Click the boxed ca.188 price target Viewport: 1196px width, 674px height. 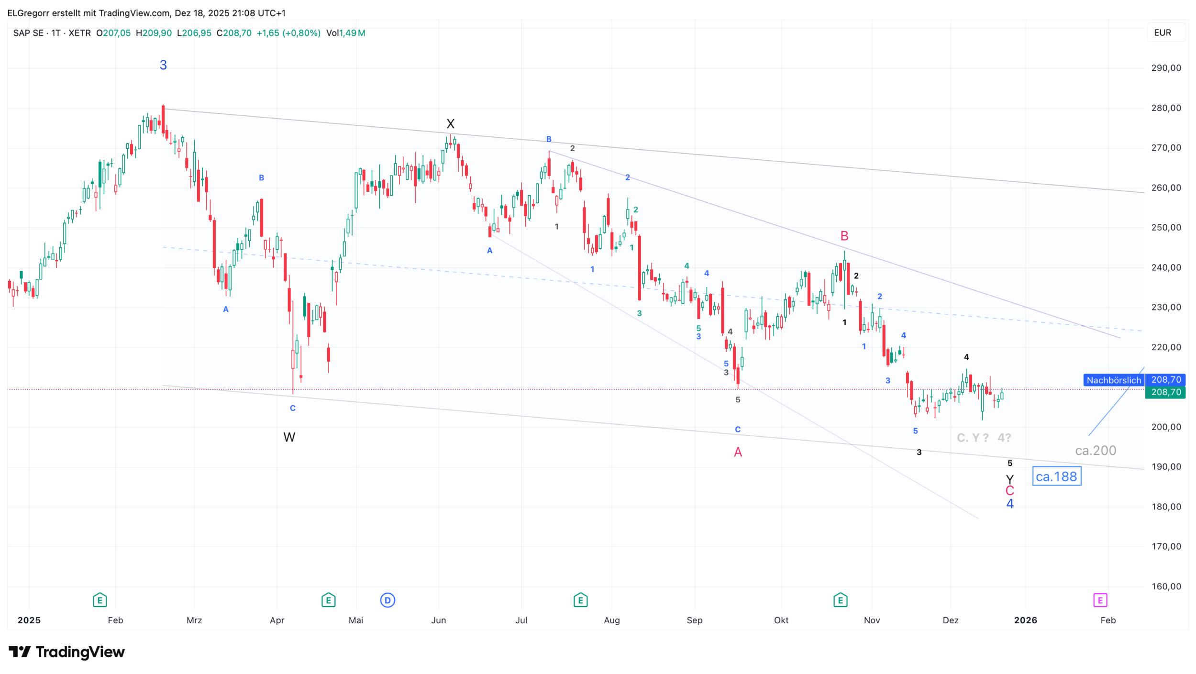tap(1056, 476)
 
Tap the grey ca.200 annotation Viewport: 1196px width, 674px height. tap(1095, 451)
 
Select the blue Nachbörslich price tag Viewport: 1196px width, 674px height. tap(1113, 380)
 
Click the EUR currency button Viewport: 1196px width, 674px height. tap(1163, 33)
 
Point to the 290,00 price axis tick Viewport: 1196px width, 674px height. tap(1166, 68)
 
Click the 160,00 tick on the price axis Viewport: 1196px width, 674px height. tap(1166, 586)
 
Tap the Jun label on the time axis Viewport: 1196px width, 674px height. tap(438, 620)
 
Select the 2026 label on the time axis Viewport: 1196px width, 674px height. tap(1026, 620)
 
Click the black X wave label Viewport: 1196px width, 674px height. tap(450, 124)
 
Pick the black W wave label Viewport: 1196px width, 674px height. tap(289, 437)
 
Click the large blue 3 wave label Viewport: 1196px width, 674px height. tap(163, 65)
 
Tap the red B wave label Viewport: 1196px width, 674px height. tap(844, 236)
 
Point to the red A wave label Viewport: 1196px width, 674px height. tap(738, 452)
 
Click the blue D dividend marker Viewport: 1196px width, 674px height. tap(388, 600)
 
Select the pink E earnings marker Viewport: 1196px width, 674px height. tap(1100, 600)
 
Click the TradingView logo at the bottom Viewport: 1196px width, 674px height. tap(67, 652)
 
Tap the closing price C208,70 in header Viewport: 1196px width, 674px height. tap(234, 33)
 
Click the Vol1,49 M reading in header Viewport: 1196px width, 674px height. tap(345, 33)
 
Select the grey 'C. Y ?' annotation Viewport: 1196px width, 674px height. tap(972, 438)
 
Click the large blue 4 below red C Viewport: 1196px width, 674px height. tap(1010, 504)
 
